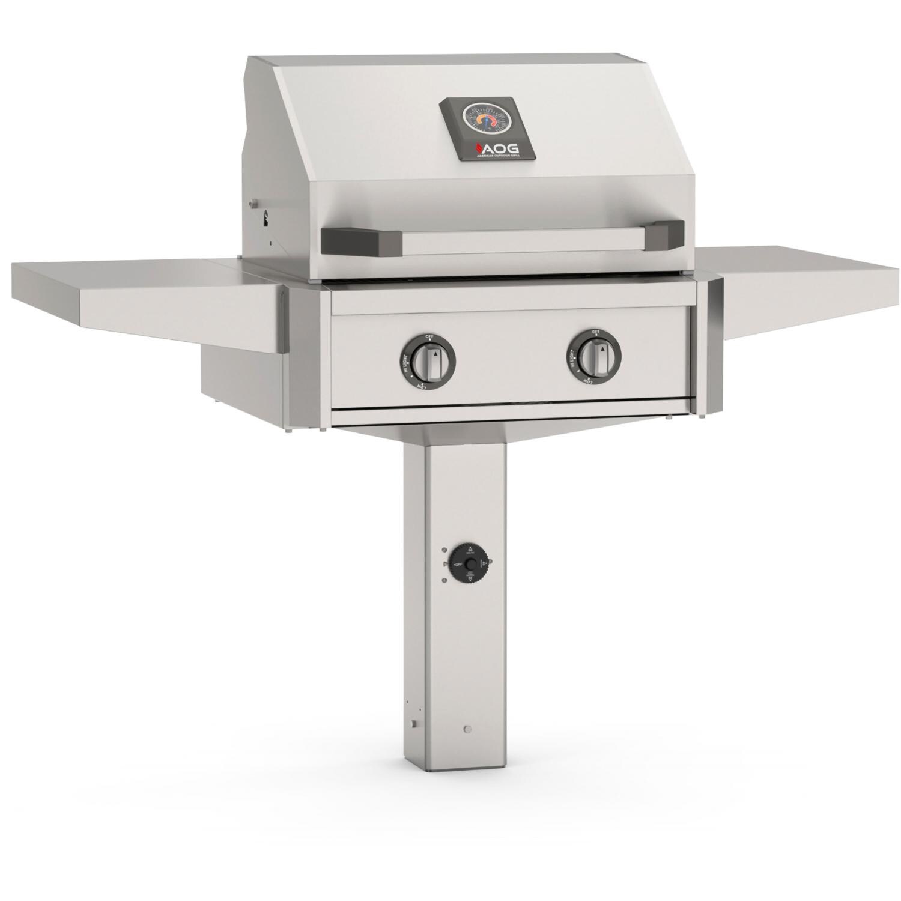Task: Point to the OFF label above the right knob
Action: click(x=595, y=332)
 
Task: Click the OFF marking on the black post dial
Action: click(x=457, y=565)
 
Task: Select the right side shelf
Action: click(x=805, y=282)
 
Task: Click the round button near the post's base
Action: click(x=468, y=730)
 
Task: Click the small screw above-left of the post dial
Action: click(x=444, y=550)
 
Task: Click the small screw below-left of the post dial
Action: click(x=444, y=580)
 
